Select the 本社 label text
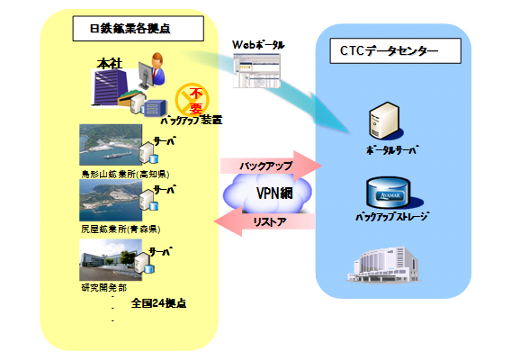point(110,64)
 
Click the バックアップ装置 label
point(191,119)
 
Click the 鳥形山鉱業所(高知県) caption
point(125,173)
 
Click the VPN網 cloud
point(269,193)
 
